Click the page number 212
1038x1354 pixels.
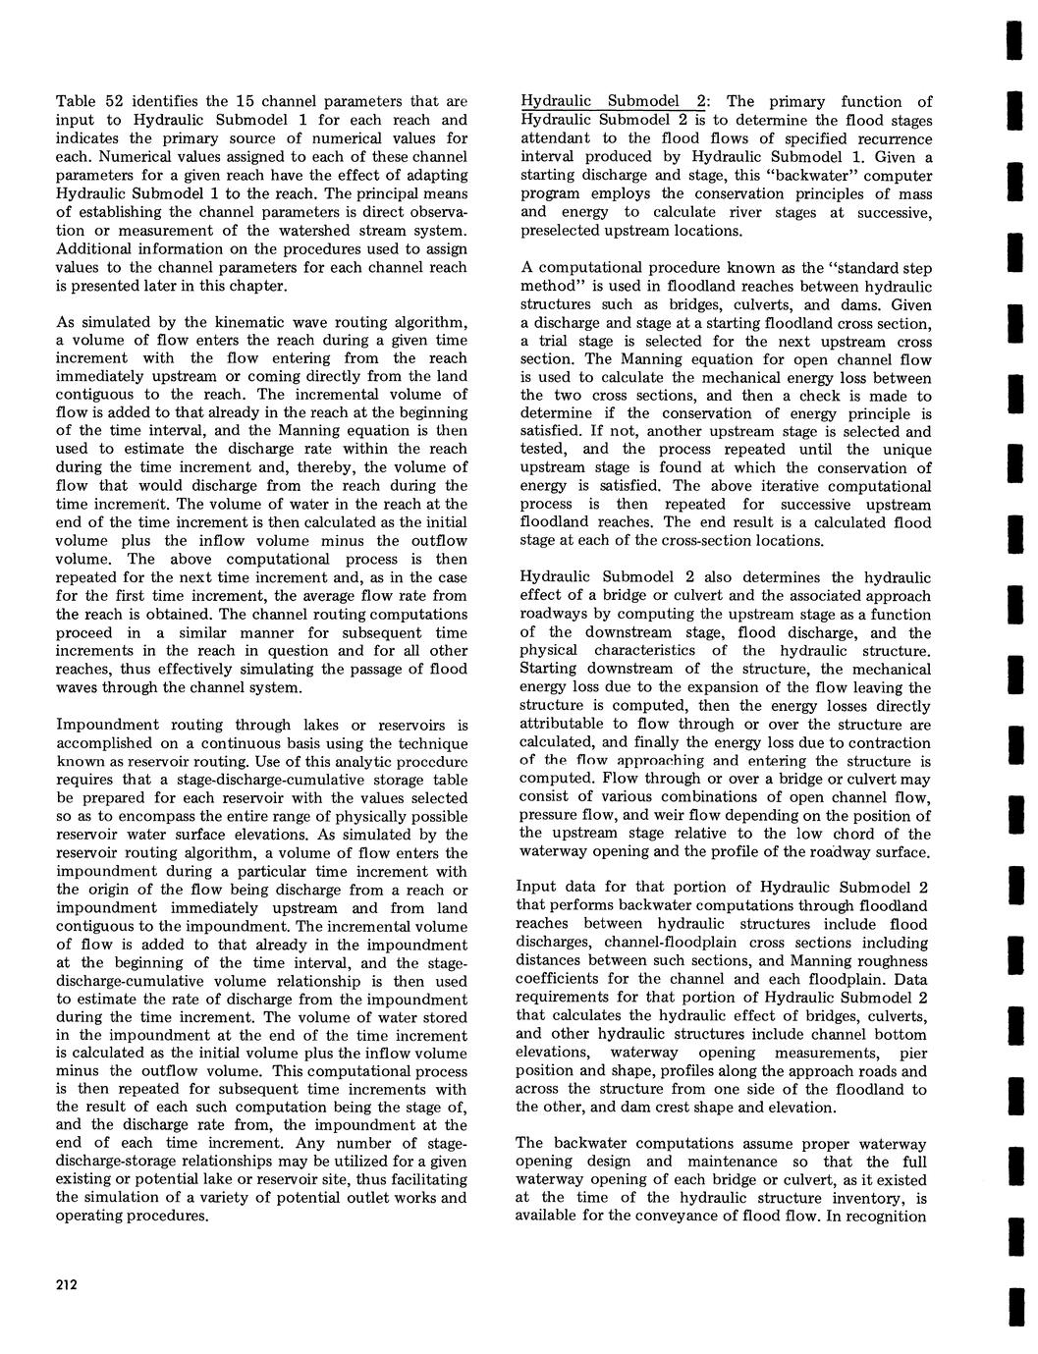67,1285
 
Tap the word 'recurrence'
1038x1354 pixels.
890,138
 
